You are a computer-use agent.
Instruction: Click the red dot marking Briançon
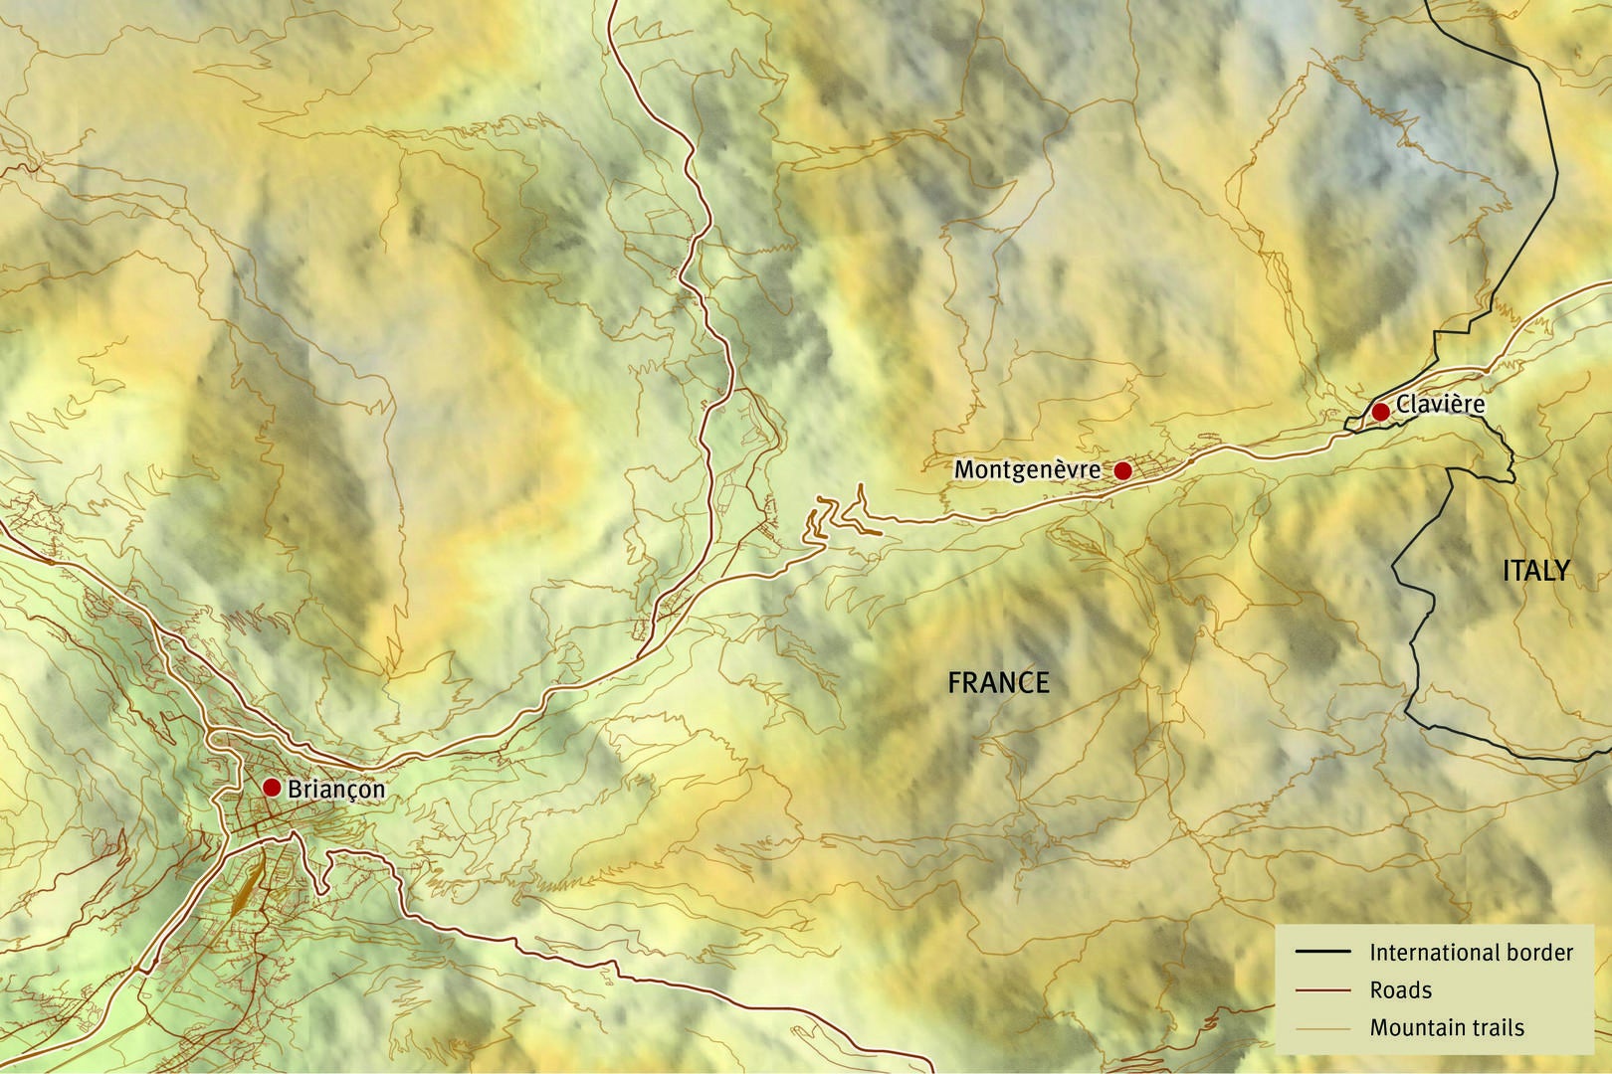pos(271,788)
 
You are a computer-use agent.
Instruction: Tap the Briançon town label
pos(335,790)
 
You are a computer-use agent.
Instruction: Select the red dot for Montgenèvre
pos(1122,470)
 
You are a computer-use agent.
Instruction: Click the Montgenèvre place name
pos(1027,469)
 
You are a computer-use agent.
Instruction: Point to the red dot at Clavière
pos(1380,412)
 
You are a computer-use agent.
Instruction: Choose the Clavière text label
pos(1440,404)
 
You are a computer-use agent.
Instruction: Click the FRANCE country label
pos(998,682)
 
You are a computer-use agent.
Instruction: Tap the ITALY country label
pos(1535,571)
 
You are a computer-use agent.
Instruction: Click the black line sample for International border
pos(1322,952)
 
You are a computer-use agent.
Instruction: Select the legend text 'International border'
pos(1471,953)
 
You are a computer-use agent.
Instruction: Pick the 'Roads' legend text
pos(1400,990)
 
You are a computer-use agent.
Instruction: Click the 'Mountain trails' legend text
pos(1446,1028)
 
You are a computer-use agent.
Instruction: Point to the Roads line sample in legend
pos(1322,990)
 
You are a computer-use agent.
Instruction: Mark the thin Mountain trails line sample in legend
pos(1322,1028)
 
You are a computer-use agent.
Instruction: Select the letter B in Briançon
pos(295,790)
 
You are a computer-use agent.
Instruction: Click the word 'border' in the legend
pos(1541,953)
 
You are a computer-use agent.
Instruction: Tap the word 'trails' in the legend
pos(1495,1028)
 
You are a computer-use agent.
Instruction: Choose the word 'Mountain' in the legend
pos(1413,1028)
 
